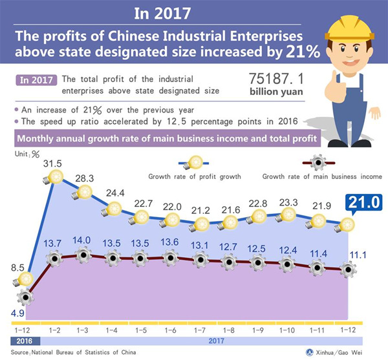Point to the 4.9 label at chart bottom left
click(17, 314)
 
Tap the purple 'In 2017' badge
click(35, 81)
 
